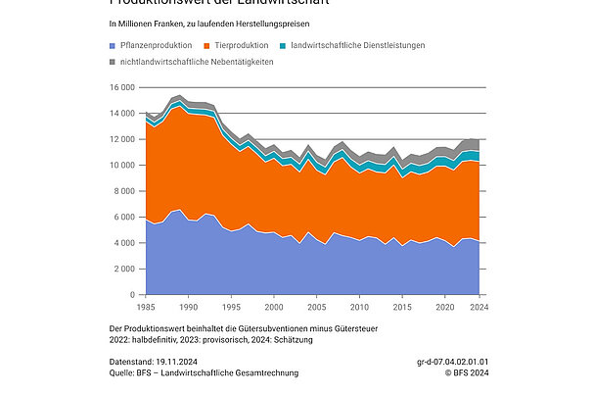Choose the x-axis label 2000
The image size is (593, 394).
[x=273, y=307]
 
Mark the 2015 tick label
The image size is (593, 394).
[x=402, y=307]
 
